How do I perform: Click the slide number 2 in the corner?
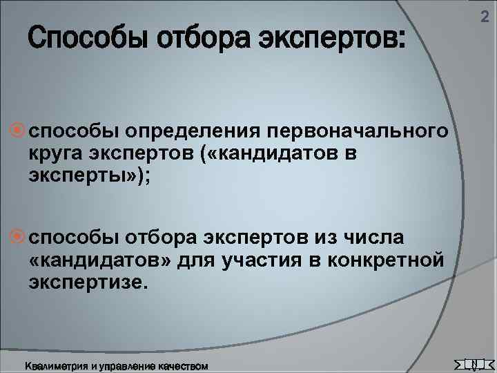[x=484, y=26]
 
